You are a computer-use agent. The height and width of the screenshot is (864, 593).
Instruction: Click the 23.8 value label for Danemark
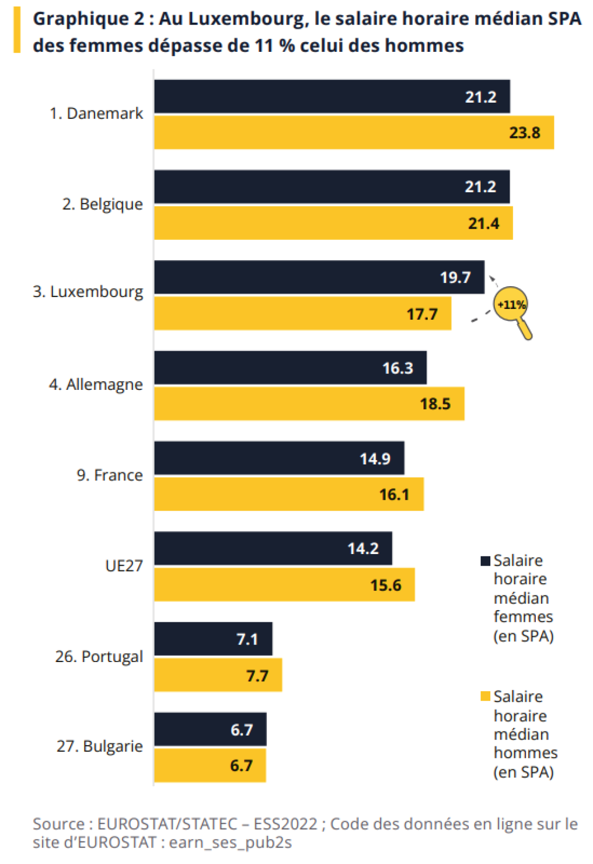[x=524, y=133]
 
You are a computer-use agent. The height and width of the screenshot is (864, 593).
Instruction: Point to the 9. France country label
[x=109, y=475]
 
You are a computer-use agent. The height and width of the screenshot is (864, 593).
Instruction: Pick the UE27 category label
[x=124, y=566]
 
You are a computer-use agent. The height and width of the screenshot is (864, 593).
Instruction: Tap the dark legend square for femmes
[x=485, y=561]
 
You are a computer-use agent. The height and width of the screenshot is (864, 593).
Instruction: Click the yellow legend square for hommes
[x=485, y=696]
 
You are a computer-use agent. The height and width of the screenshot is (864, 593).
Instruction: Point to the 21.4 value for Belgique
[x=483, y=223]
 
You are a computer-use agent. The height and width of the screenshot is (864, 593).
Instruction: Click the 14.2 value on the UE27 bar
[x=363, y=548]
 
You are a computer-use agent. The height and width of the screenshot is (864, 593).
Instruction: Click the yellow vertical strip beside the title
[x=17, y=30]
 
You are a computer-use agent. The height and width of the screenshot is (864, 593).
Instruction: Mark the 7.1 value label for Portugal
[x=247, y=639]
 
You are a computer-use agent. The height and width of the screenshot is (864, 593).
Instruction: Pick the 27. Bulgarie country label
[x=99, y=746]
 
